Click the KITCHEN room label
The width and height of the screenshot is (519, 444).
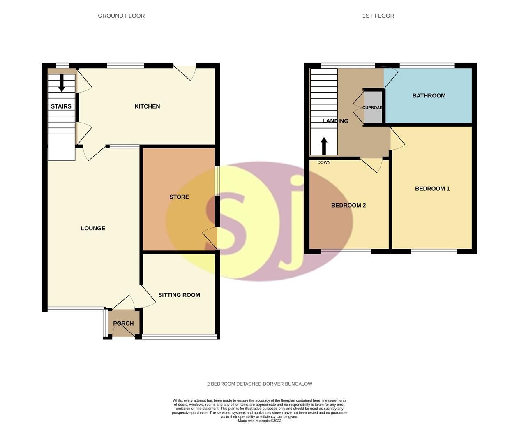click(x=147, y=106)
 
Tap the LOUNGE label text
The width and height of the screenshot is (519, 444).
click(x=93, y=228)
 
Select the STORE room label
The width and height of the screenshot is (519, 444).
click(x=179, y=197)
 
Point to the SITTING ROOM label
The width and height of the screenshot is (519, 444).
click(x=179, y=295)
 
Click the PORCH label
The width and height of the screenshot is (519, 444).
click(x=123, y=324)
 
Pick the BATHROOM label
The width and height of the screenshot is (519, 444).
click(x=429, y=96)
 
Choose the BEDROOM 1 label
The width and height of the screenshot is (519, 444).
click(x=432, y=189)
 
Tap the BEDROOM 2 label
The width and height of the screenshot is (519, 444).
click(x=348, y=206)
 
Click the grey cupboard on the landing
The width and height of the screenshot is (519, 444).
click(x=373, y=108)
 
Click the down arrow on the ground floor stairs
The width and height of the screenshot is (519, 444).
click(x=62, y=83)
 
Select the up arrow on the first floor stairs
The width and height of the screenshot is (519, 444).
click(x=324, y=146)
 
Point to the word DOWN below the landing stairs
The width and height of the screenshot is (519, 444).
click(x=324, y=162)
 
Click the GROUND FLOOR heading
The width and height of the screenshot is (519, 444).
click(x=121, y=16)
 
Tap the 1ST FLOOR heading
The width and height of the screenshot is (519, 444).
click(x=378, y=16)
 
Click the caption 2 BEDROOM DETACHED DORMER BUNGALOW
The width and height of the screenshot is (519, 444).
click(x=259, y=384)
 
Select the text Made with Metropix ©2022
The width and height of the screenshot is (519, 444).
click(x=259, y=421)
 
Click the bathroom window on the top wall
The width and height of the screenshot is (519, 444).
click(x=427, y=65)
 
